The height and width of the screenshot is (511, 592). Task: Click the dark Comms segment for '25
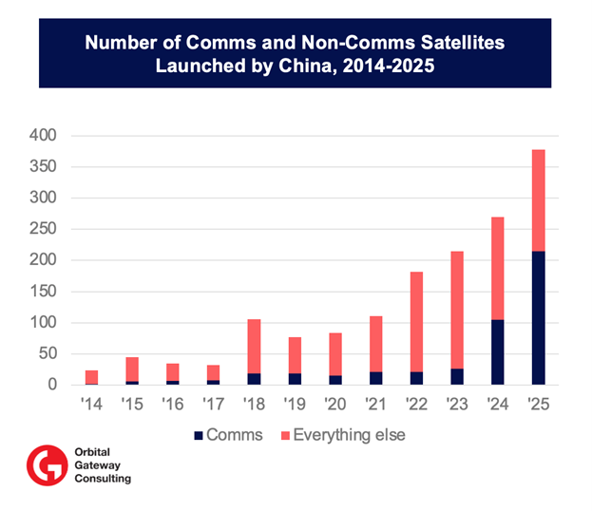(x=538, y=318)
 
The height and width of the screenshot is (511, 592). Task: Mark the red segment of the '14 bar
(x=92, y=376)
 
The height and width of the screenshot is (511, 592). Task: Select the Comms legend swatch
(x=199, y=435)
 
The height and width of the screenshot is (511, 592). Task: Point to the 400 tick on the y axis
(x=43, y=137)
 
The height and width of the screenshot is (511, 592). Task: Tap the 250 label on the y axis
(x=43, y=229)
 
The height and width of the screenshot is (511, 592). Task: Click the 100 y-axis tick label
(x=43, y=323)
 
